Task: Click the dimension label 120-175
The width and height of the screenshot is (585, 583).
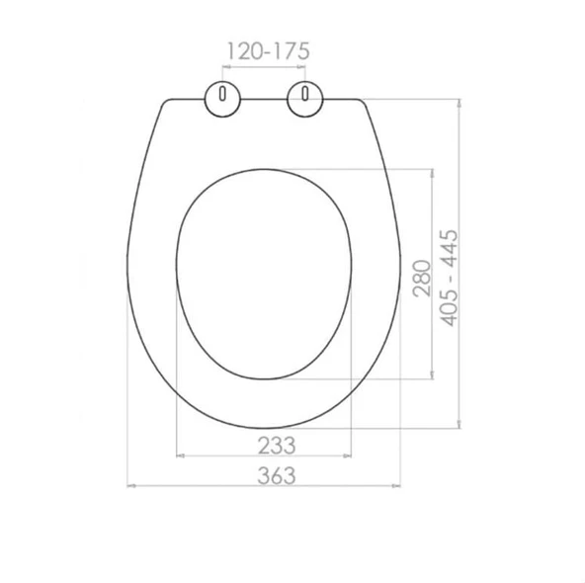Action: pos(268,51)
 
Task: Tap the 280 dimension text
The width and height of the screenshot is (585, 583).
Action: pos(422,279)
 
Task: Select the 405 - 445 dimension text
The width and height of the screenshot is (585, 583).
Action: pos(449,279)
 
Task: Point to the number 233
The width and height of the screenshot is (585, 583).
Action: pos(277,446)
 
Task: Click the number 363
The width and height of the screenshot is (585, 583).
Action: pos(277,475)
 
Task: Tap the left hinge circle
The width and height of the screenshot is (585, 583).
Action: pos(222,99)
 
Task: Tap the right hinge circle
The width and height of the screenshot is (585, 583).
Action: pos(304,99)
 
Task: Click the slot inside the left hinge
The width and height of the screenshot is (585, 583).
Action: pos(222,93)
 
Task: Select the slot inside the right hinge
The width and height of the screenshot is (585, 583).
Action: pos(305,93)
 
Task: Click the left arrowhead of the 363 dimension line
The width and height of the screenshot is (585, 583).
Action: pos(131,486)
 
